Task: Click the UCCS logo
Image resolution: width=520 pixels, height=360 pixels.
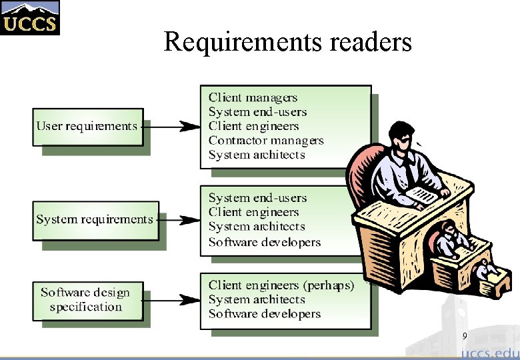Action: (29, 18)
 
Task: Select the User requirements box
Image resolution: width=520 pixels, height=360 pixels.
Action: (87, 126)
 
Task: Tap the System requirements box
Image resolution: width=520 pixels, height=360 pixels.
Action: (95, 219)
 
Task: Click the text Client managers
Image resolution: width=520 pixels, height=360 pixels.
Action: (253, 97)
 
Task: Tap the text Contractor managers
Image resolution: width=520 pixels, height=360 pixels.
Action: (265, 140)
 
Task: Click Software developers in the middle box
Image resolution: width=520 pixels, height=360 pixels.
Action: (264, 241)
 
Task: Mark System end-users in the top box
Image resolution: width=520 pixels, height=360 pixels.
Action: (257, 111)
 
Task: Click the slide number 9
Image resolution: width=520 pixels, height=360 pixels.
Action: (465, 337)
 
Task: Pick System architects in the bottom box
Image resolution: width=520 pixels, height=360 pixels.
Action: (256, 299)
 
